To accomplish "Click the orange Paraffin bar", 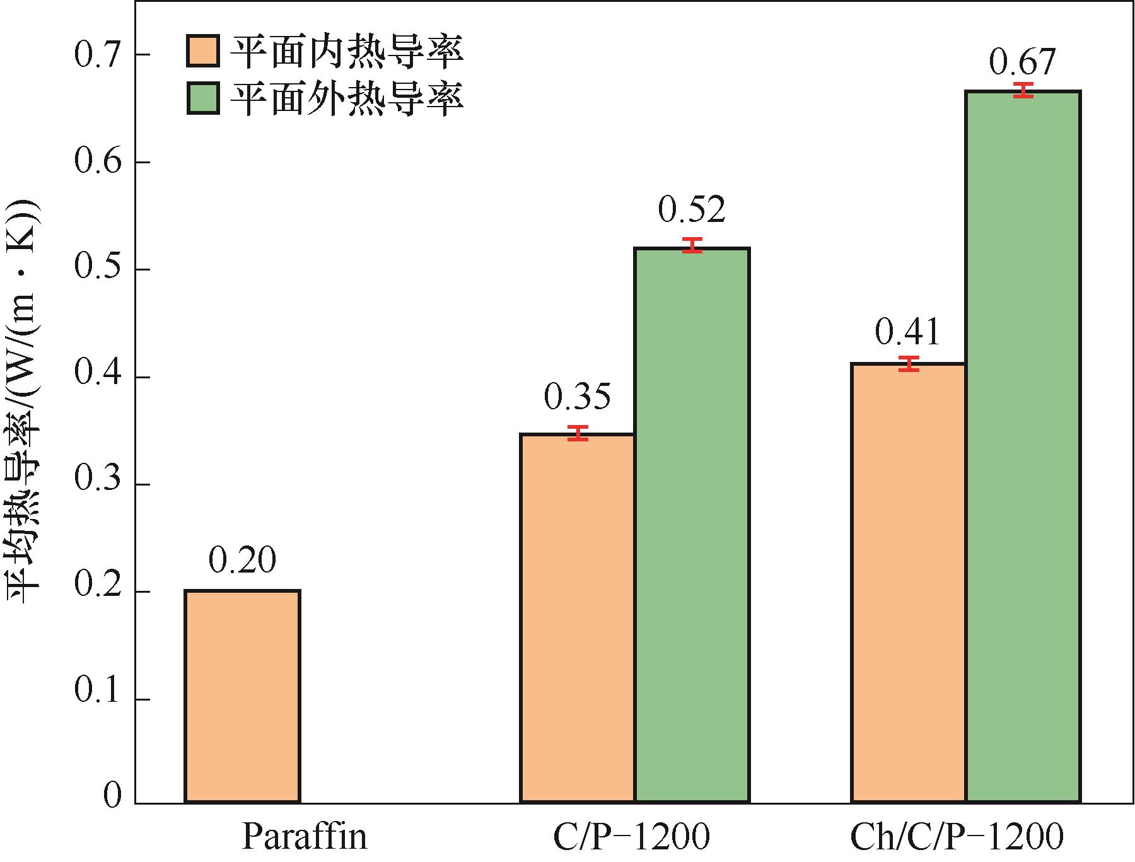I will coord(242,696).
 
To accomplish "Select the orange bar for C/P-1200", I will coord(577,618).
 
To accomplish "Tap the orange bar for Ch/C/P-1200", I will coord(909,583).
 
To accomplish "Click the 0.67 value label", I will coord(1022,62).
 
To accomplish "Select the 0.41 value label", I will coord(908,332).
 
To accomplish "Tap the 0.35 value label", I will coord(578,397).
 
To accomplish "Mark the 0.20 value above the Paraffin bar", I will coord(242,560).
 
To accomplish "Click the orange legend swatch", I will coord(203,50).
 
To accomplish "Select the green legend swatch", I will coord(203,98).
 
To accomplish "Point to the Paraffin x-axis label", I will coord(304,837).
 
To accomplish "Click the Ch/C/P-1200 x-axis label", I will coord(957,837).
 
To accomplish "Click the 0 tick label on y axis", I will coord(112,796).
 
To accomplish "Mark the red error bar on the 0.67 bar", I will coord(1023,90).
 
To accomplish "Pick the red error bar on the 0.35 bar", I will coord(578,433).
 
